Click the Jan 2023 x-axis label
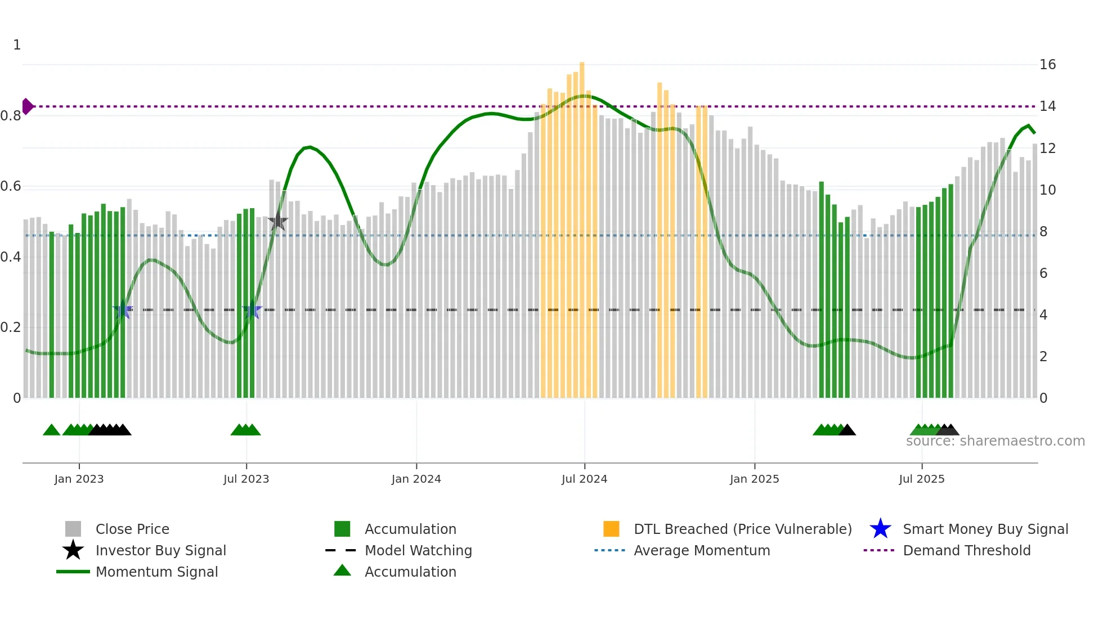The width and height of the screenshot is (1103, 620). coord(79,479)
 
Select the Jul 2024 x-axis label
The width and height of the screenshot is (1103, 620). coord(584,479)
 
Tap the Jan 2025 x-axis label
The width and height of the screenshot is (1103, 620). coord(754,479)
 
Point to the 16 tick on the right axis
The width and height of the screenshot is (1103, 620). coord(1047,65)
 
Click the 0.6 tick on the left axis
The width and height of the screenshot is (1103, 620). coord(11,186)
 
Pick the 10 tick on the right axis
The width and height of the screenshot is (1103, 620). coord(1047,190)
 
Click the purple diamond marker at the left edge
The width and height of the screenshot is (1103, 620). coord(27,106)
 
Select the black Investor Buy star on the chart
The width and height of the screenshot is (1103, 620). coord(277,222)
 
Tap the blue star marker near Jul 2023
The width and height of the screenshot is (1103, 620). coord(252,310)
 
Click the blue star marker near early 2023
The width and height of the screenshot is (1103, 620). coord(123,310)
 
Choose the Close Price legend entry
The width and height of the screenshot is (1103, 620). coord(132,529)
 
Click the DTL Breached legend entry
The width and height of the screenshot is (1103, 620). coord(742,529)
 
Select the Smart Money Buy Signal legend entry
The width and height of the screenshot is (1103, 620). coord(985,529)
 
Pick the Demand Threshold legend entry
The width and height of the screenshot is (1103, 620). coord(966,550)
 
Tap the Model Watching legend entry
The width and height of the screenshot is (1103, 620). coord(418,550)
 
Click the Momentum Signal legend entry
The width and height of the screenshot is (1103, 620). coord(156,572)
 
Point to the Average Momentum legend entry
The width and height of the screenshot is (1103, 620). coord(701,550)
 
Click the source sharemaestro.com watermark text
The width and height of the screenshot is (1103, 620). coord(995,441)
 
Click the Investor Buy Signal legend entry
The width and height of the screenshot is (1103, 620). coord(160,550)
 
